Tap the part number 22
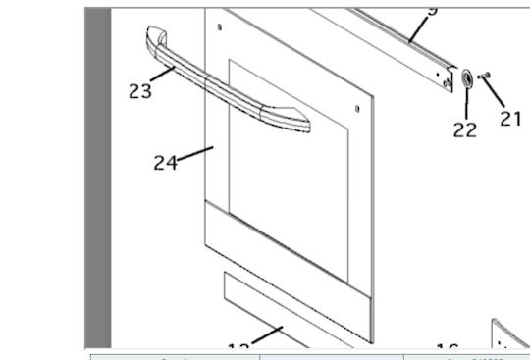[465, 129]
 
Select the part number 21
[510, 118]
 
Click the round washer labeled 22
[466, 79]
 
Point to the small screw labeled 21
[484, 76]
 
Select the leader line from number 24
[196, 155]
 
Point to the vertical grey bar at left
[96, 177]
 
